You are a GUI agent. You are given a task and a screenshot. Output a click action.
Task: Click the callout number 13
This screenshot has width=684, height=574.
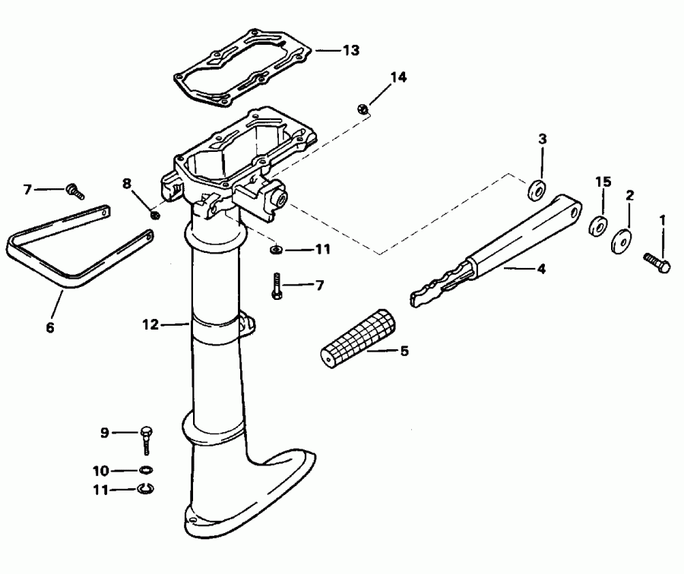coord(350,50)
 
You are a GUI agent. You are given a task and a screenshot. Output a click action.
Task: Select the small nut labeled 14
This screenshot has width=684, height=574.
coord(363,110)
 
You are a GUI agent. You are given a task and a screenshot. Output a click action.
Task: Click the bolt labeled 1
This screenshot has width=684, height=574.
coord(657,263)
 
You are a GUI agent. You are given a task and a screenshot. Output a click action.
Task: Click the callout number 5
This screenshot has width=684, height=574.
coord(404,352)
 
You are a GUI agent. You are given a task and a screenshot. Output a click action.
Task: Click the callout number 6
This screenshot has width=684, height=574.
coord(51,328)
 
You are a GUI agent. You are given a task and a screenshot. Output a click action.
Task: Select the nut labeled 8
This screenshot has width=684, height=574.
coord(154,215)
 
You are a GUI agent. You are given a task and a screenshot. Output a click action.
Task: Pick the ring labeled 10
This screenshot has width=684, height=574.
coord(144,470)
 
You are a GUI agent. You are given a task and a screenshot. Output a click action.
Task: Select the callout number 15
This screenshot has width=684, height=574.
coord(603,182)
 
